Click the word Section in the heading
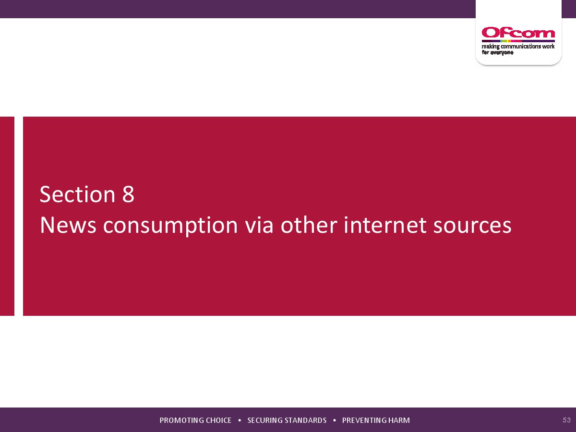click(77, 194)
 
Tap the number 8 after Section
click(128, 194)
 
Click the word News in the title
click(68, 225)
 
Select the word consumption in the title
click(170, 226)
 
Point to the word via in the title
click(259, 225)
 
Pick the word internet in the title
click(385, 225)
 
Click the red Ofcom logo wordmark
click(518, 33)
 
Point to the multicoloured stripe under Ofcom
click(518, 41)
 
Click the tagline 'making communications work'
click(518, 47)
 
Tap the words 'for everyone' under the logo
click(498, 52)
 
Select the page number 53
click(566, 420)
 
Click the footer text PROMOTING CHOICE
click(195, 420)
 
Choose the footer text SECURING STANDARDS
click(287, 420)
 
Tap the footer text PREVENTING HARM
click(376, 420)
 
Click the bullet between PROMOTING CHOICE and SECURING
click(240, 420)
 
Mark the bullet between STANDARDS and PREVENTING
click(334, 420)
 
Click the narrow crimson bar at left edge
click(7, 216)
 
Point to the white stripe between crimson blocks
click(19, 216)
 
